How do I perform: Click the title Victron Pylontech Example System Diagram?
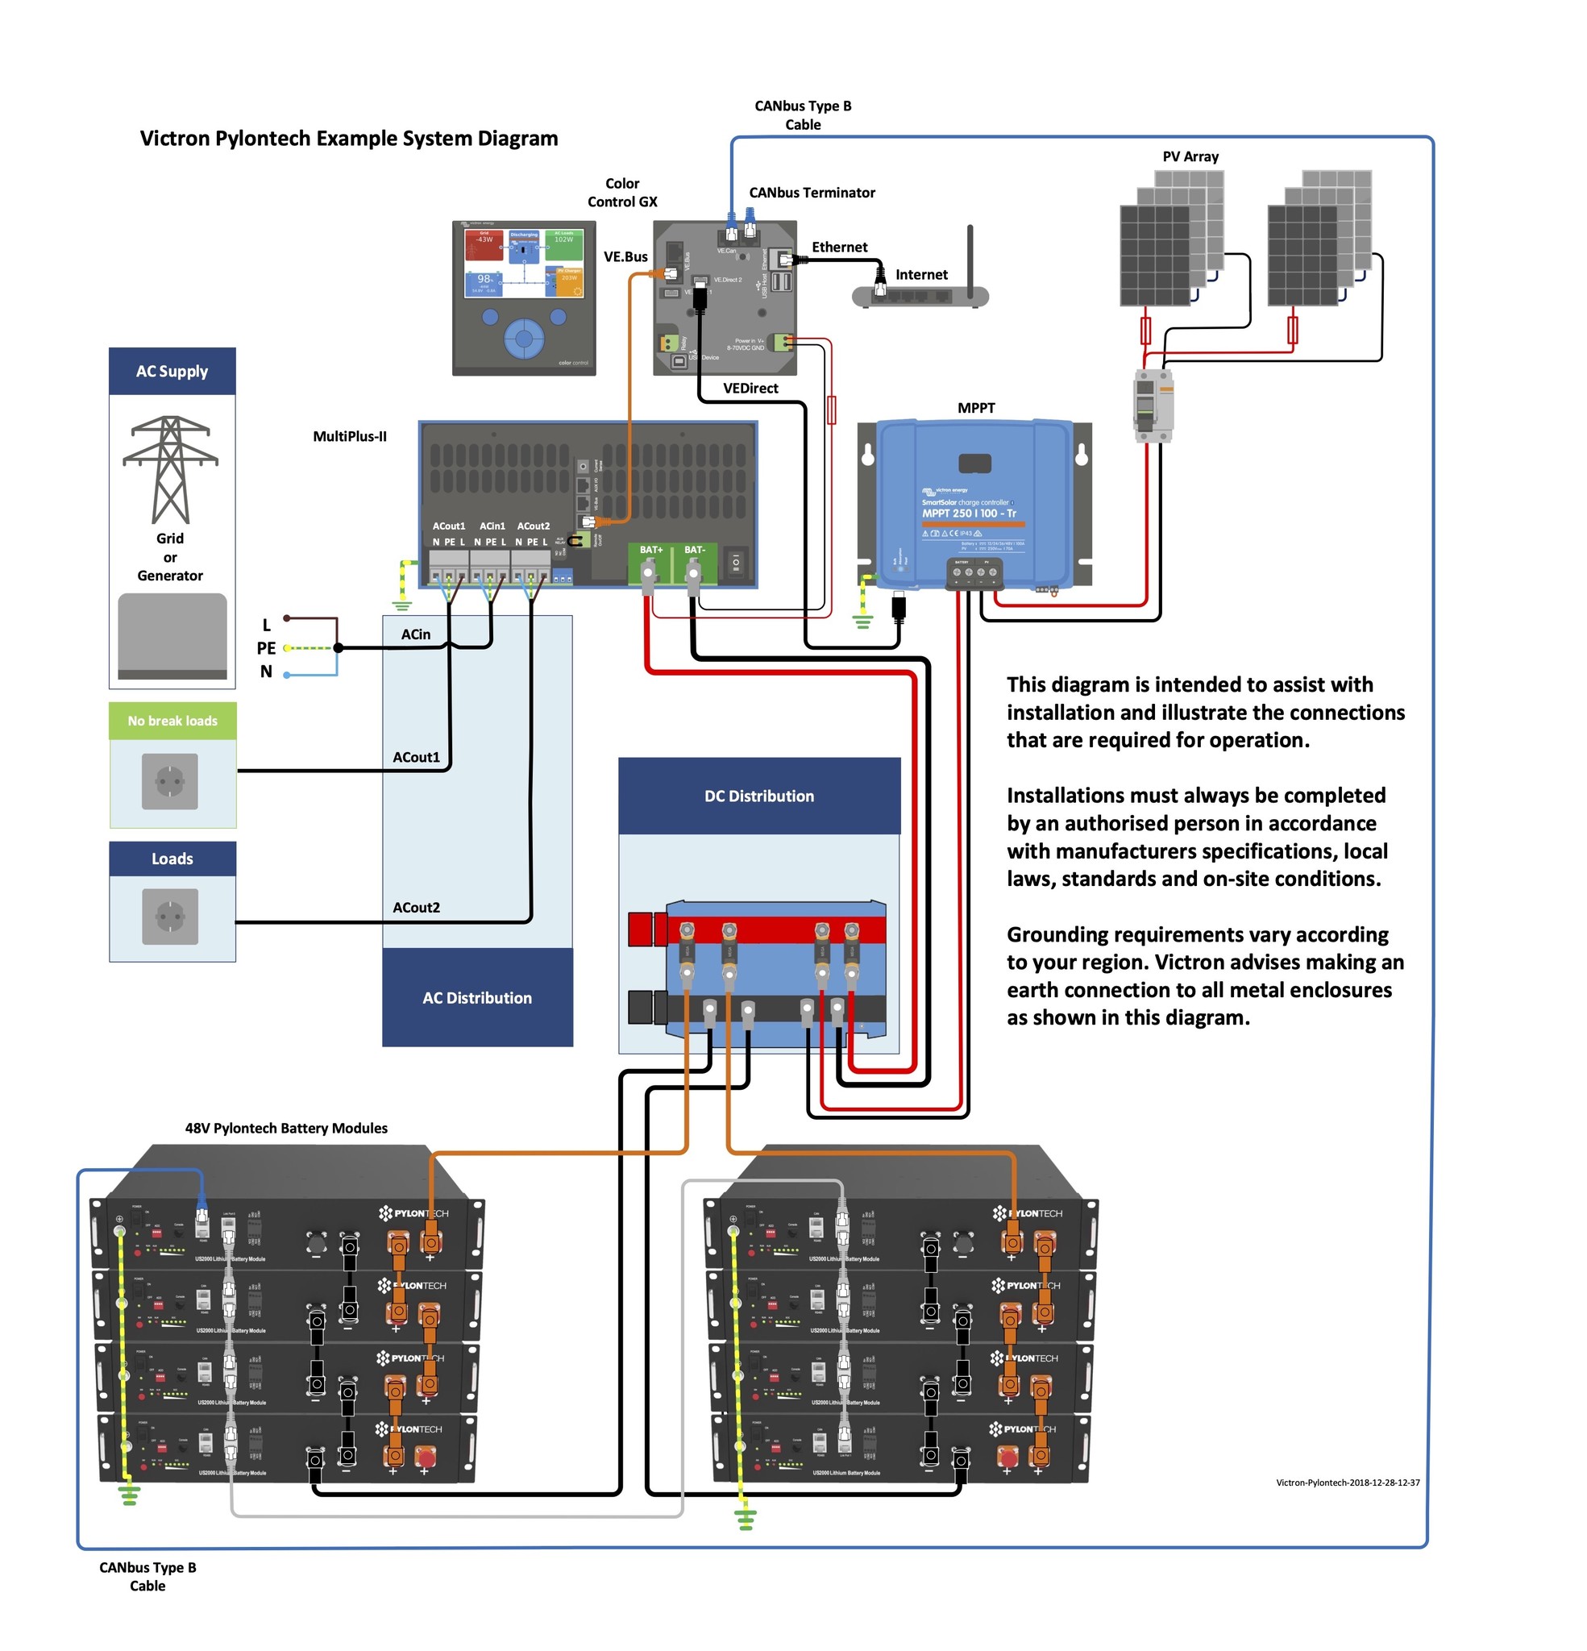pos(349,138)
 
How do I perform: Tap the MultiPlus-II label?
pos(350,436)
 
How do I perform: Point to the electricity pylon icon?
pos(170,469)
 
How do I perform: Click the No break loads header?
pos(172,721)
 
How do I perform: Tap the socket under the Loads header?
pos(170,917)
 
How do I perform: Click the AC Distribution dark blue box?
pos(477,997)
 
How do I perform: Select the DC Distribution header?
pos(759,796)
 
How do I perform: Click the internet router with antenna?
pos(920,295)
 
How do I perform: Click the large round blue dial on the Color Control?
pos(524,339)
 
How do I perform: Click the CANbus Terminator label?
pos(811,193)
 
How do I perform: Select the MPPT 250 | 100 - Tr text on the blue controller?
pos(969,513)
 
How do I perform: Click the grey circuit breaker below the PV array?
pos(1153,405)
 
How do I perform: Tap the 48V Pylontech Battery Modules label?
pos(286,1128)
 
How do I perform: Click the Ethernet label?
pos(839,247)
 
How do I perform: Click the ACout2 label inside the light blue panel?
pos(416,907)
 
